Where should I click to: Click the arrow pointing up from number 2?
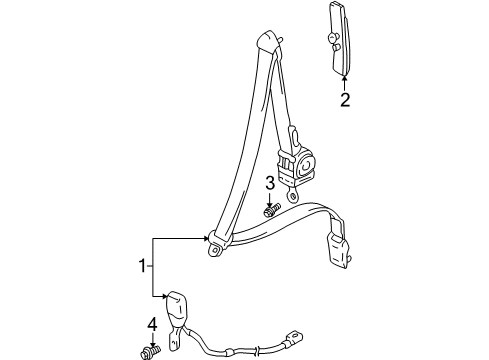tap(343, 81)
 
